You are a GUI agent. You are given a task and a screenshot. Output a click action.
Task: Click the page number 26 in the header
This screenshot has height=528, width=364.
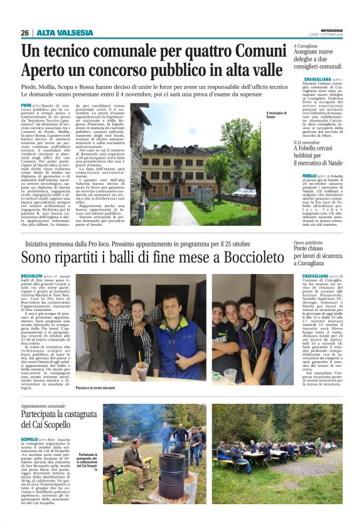24,33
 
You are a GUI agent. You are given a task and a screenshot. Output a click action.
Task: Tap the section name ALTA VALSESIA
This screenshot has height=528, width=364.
60,33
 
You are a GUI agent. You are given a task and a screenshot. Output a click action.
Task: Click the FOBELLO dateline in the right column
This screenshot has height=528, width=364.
309,176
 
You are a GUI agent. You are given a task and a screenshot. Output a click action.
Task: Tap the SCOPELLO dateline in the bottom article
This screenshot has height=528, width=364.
29,440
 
